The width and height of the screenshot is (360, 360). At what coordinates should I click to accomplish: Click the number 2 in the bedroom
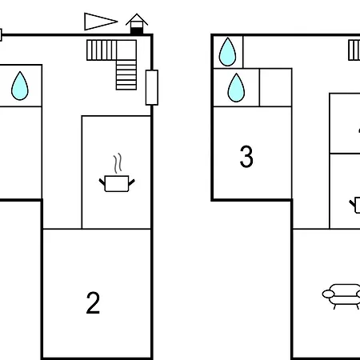(93, 302)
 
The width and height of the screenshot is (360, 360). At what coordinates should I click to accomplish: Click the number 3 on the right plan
(246, 157)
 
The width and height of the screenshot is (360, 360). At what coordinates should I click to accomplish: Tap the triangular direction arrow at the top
(101, 22)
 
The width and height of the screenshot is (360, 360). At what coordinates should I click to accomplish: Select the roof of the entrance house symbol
(137, 18)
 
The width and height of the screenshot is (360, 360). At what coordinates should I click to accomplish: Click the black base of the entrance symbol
(137, 30)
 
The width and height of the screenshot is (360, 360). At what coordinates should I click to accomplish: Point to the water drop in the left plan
(20, 86)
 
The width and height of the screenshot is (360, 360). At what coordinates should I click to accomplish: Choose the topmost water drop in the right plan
(227, 52)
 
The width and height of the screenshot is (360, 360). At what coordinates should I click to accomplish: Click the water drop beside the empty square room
(236, 88)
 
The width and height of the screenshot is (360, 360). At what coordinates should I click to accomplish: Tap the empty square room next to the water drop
(275, 87)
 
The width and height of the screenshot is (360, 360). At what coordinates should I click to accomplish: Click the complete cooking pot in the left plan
(117, 183)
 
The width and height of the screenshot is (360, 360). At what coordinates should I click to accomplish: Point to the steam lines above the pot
(118, 163)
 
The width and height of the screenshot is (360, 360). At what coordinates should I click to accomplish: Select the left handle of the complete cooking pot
(102, 182)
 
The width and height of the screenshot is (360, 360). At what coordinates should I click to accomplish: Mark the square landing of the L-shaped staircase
(126, 50)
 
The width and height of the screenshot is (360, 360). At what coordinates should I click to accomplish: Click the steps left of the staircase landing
(102, 50)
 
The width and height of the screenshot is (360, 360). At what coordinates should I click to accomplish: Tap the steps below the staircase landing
(126, 75)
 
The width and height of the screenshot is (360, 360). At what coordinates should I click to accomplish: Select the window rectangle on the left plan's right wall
(152, 87)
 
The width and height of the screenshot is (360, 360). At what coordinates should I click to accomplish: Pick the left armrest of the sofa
(328, 294)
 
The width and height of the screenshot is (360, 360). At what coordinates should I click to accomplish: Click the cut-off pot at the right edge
(355, 205)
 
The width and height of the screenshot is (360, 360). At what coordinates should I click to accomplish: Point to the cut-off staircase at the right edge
(354, 50)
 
